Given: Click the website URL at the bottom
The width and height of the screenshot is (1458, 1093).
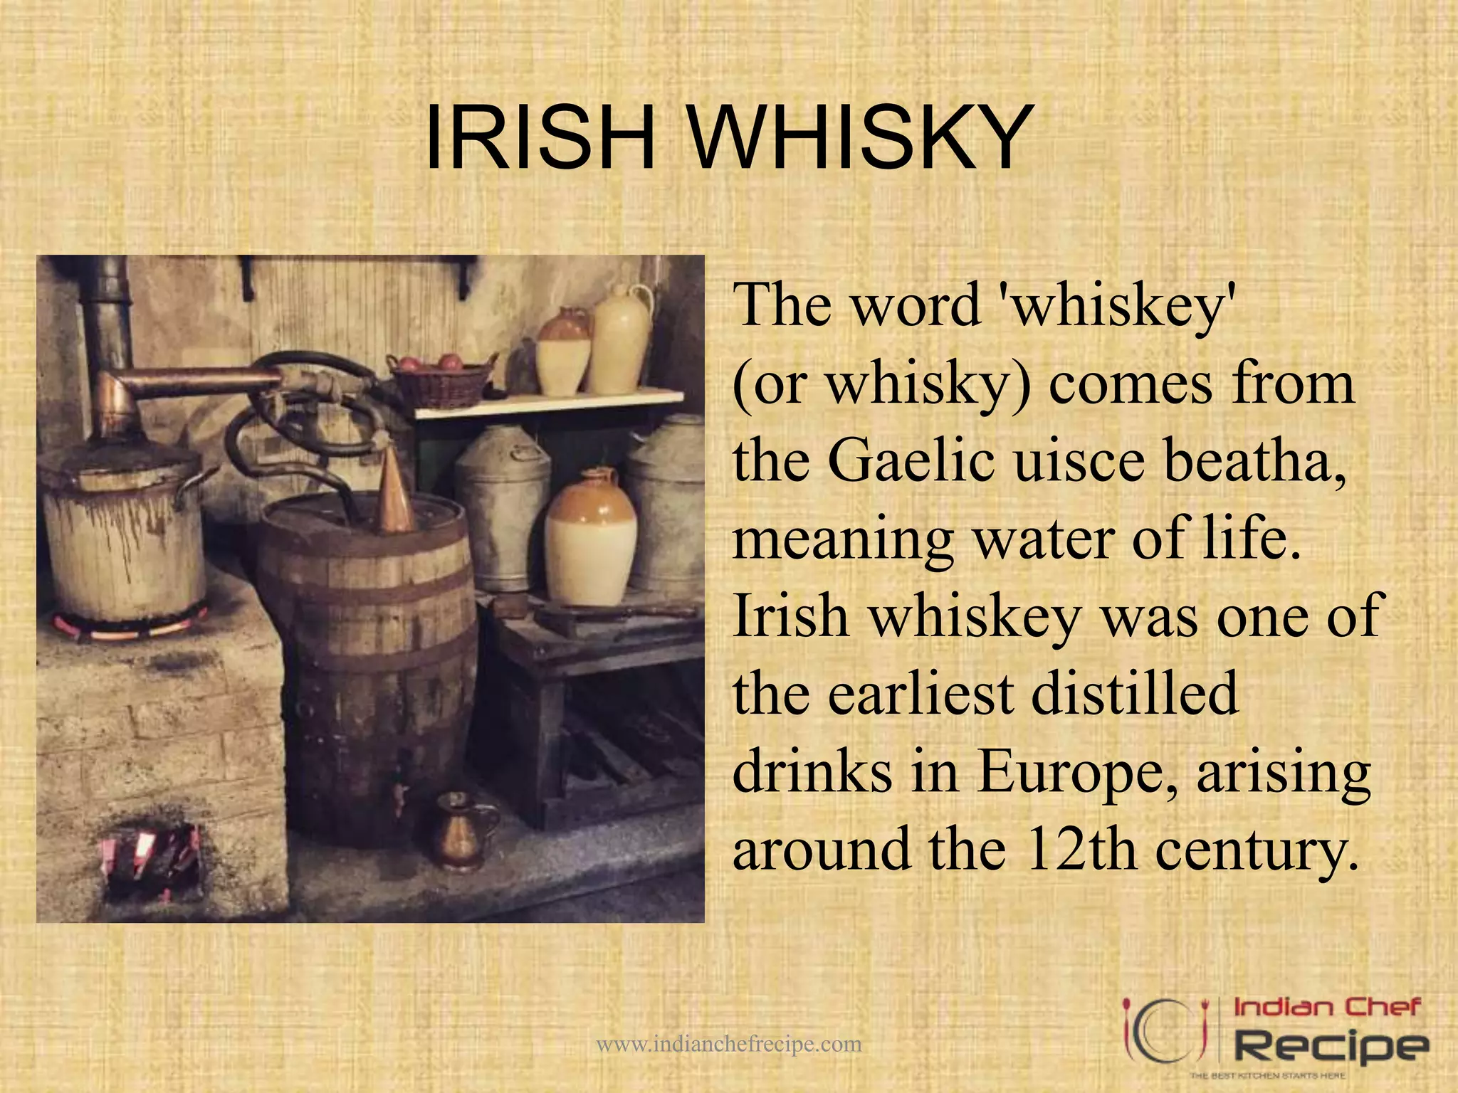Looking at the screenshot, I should pos(728,1045).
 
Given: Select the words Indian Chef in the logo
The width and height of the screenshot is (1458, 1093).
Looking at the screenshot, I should pos(1326,1008).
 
